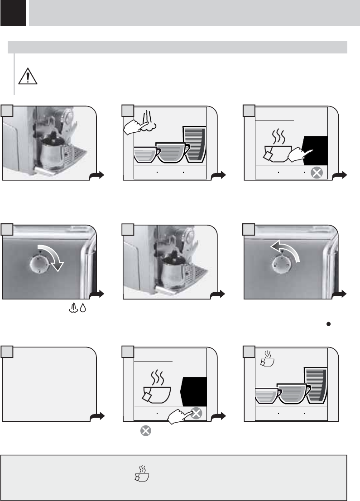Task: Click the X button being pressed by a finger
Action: click(x=196, y=413)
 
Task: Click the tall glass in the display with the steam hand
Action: click(x=194, y=144)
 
